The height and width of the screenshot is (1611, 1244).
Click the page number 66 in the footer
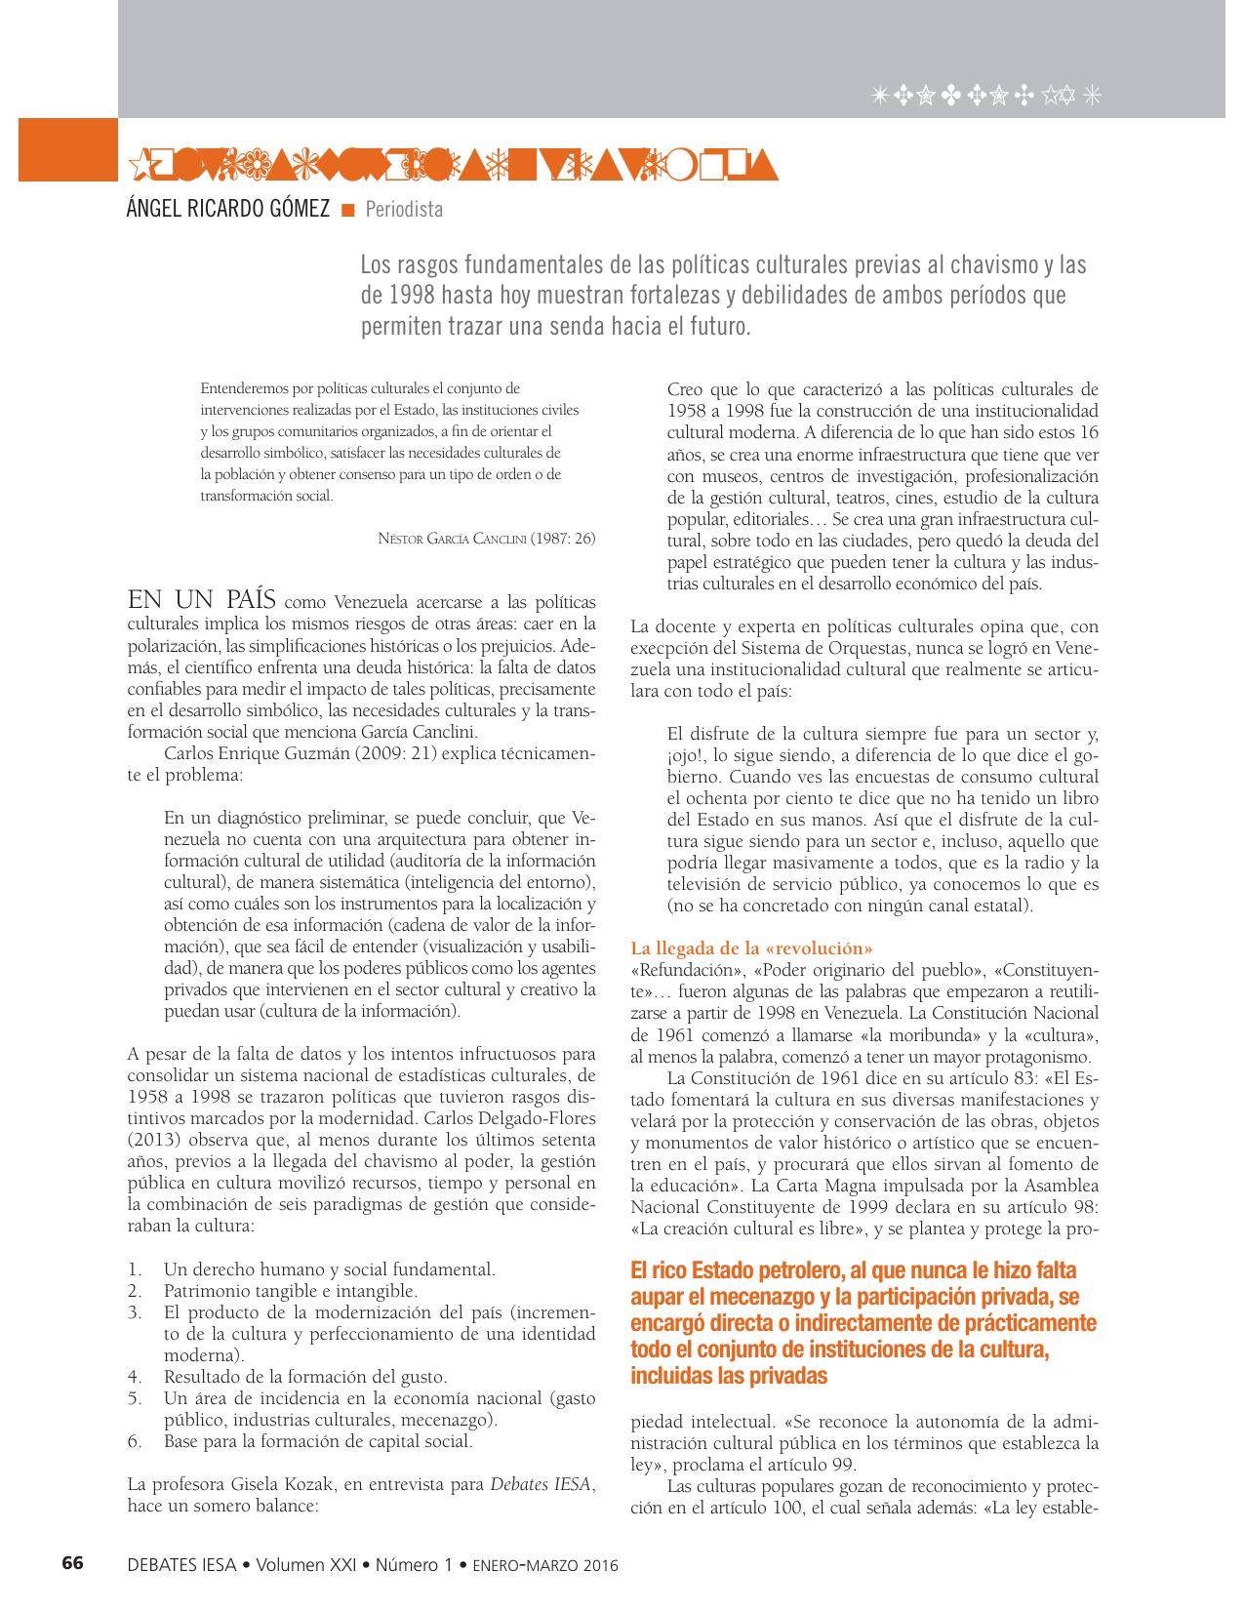click(x=73, y=1562)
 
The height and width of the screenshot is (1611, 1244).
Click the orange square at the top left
click(x=67, y=149)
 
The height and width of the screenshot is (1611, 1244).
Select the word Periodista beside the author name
click(x=404, y=209)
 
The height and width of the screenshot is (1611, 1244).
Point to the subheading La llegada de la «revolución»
click(x=751, y=947)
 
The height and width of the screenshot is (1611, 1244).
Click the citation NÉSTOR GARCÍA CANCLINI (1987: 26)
click(x=486, y=539)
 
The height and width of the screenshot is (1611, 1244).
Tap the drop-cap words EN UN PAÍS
click(x=205, y=598)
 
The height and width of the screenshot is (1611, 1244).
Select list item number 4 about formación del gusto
click(x=304, y=1377)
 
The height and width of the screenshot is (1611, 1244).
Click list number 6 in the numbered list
click(x=136, y=1441)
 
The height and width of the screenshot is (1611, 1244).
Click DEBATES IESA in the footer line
click(x=181, y=1564)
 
